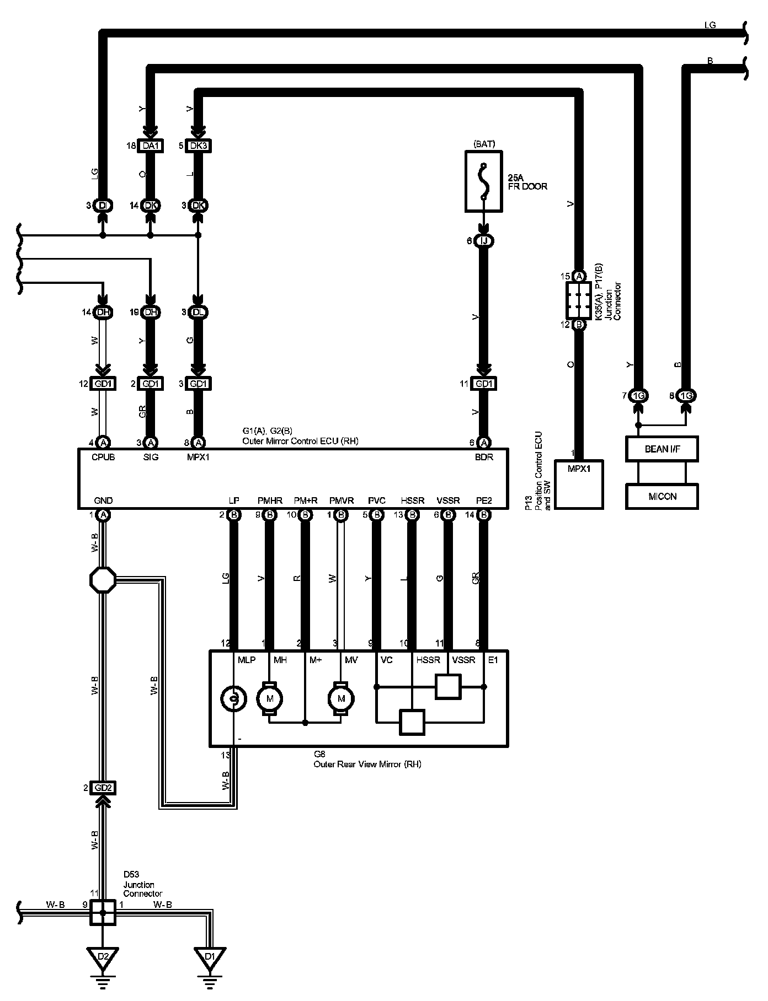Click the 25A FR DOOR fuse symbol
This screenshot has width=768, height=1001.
(484, 182)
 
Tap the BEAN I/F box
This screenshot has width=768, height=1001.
(662, 449)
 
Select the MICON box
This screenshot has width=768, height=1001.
(662, 496)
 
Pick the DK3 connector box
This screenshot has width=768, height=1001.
(198, 146)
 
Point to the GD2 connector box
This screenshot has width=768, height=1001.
(103, 788)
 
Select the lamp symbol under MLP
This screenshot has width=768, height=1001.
(233, 699)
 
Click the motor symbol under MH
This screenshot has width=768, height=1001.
(269, 699)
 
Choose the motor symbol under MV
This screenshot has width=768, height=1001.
(341, 699)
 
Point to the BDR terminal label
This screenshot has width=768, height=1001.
(483, 457)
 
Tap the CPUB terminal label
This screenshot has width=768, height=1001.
(103, 457)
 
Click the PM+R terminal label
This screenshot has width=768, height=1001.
(305, 501)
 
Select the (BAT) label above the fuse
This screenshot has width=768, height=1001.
(484, 144)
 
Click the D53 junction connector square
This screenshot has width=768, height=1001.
(103, 912)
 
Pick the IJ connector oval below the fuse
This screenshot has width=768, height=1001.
(484, 241)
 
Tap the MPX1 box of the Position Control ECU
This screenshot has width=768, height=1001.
(579, 483)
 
